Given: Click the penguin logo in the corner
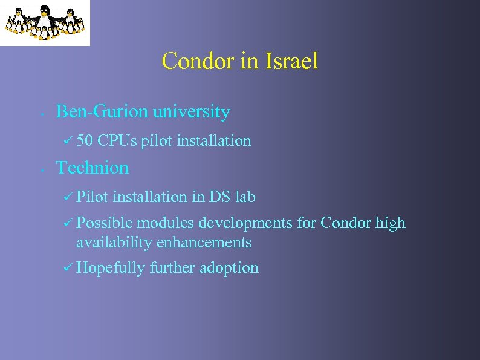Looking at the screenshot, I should click(x=44, y=22).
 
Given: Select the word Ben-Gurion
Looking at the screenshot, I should click(x=102, y=112).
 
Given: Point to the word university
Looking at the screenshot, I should click(x=191, y=112).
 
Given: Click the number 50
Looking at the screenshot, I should click(x=85, y=141).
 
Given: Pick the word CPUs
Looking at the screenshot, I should click(x=117, y=141).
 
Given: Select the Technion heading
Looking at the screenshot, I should click(x=92, y=168).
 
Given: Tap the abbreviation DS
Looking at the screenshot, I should click(x=219, y=197).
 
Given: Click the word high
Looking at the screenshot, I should click(x=391, y=223).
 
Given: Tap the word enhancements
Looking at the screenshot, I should click(x=204, y=243).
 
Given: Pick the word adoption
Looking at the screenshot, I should click(x=233, y=268).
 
